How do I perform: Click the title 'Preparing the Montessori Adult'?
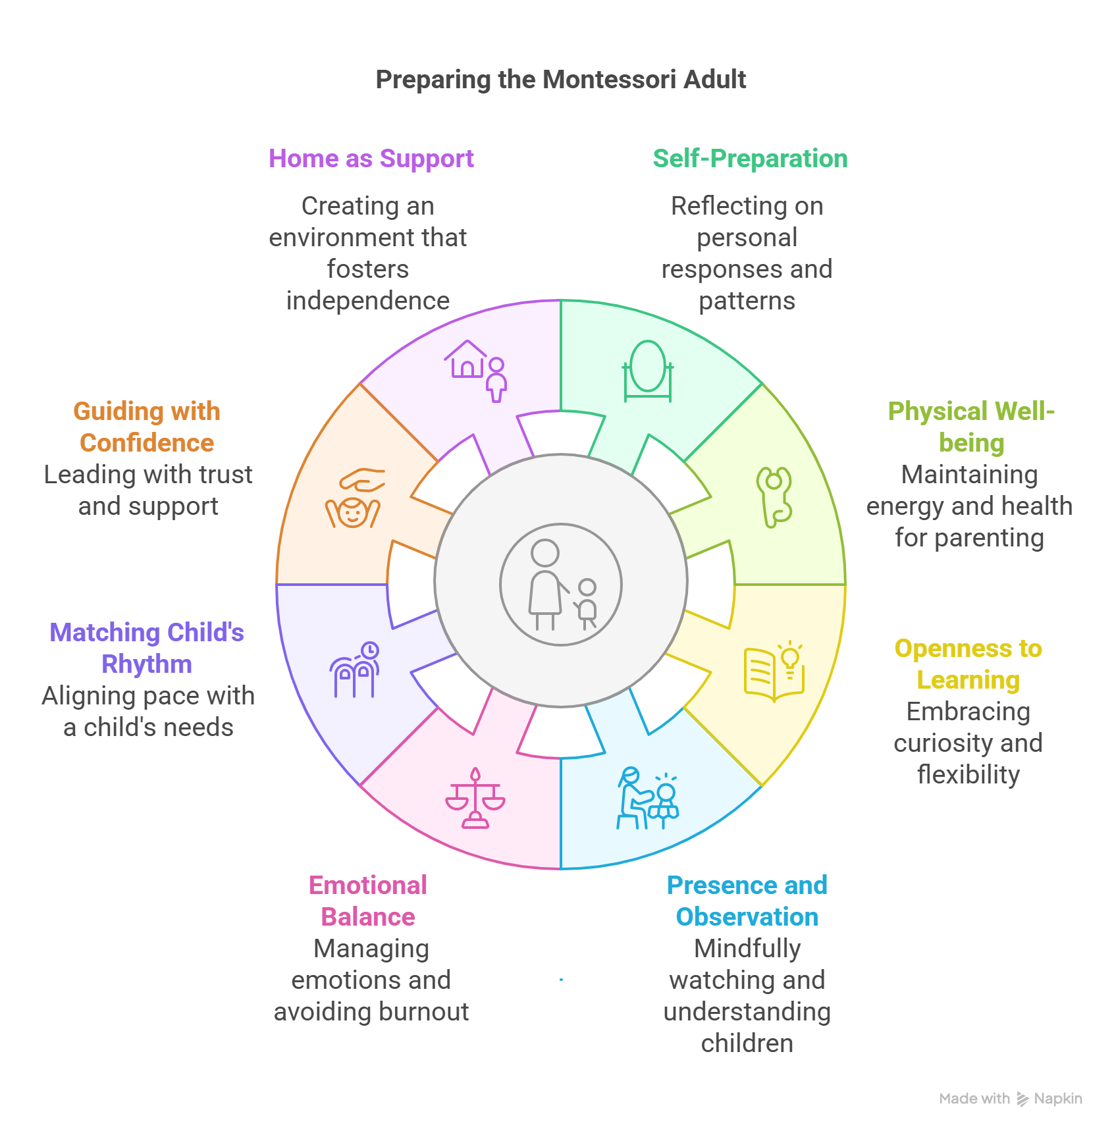click(x=560, y=80)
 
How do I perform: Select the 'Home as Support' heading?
click(x=371, y=159)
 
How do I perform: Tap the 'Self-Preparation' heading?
click(x=750, y=159)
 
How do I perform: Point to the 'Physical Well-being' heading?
click(x=971, y=427)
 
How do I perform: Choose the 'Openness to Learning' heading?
click(x=968, y=664)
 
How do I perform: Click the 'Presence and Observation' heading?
click(x=747, y=901)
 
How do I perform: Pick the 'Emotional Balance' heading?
click(x=368, y=901)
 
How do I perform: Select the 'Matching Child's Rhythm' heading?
click(x=147, y=648)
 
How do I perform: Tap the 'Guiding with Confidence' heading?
click(x=147, y=427)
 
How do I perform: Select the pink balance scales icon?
click(x=475, y=799)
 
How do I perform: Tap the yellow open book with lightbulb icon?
click(x=774, y=672)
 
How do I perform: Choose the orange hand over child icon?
click(x=354, y=498)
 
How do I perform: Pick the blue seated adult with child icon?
click(x=647, y=799)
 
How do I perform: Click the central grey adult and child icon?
click(x=561, y=585)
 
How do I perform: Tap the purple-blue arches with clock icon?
click(x=354, y=670)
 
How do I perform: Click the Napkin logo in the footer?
click(x=1050, y=1099)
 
